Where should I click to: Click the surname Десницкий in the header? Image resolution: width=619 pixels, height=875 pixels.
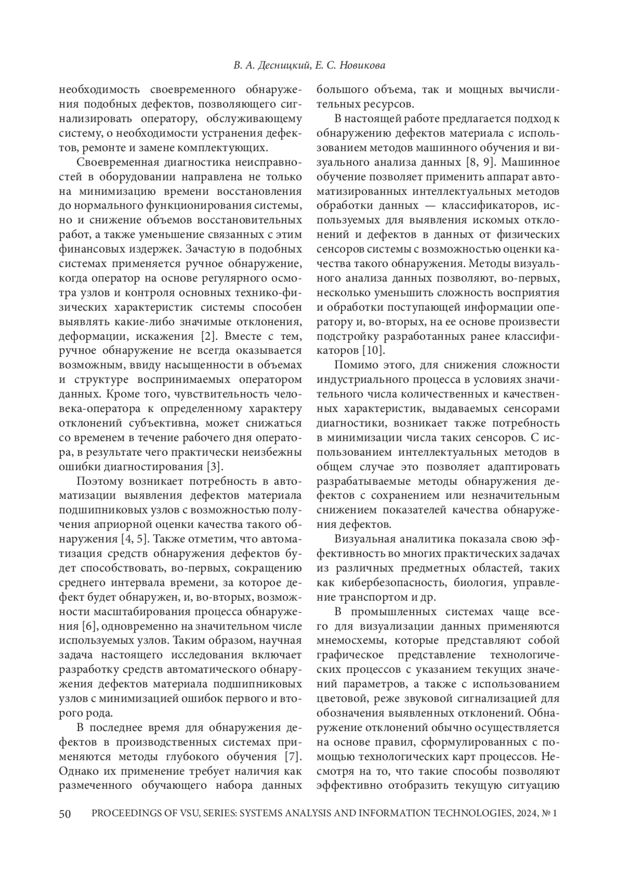[x=285, y=66]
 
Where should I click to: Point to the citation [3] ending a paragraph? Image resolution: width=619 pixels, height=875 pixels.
[x=214, y=467]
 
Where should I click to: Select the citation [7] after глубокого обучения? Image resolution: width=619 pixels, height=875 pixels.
[x=293, y=757]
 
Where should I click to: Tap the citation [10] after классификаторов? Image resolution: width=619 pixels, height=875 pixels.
[x=372, y=351]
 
